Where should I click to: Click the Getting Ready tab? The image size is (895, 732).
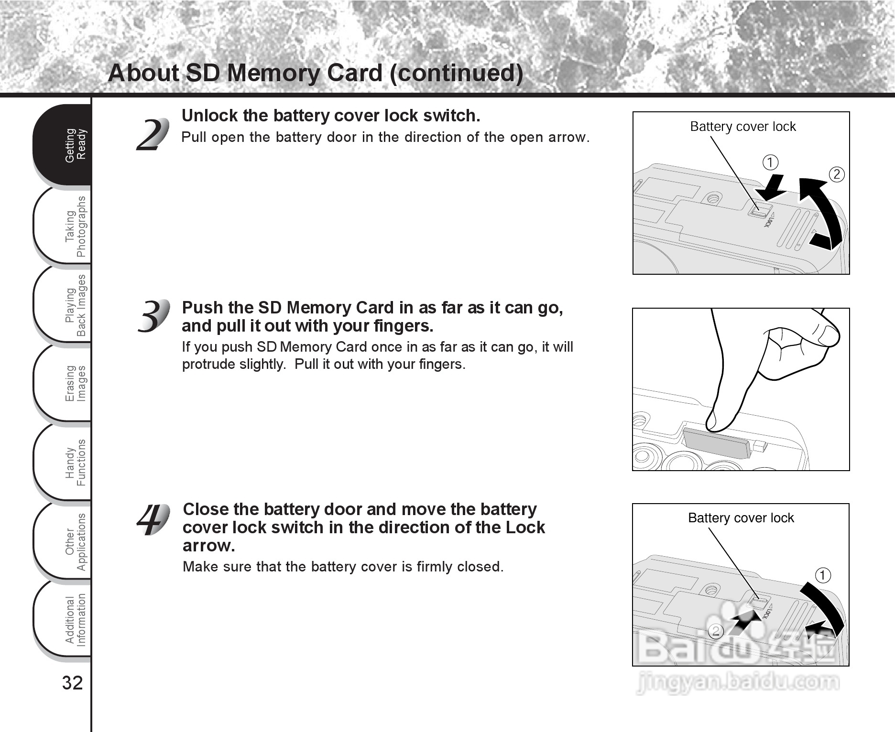coord(65,145)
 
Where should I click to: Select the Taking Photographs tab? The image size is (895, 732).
coord(65,226)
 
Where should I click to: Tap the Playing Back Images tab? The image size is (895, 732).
coord(65,305)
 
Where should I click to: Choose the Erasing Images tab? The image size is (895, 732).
coord(65,384)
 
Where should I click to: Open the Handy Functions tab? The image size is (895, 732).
coord(65,463)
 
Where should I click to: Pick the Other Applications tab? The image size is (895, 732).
coord(65,542)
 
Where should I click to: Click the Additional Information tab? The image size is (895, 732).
coord(65,620)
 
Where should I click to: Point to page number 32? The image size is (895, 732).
coord(72,683)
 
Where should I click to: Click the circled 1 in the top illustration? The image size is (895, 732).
coord(770,162)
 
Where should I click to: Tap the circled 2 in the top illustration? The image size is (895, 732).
coord(836,174)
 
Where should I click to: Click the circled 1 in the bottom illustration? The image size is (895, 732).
coord(823,575)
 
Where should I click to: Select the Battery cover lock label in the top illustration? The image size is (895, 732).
coord(742,127)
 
